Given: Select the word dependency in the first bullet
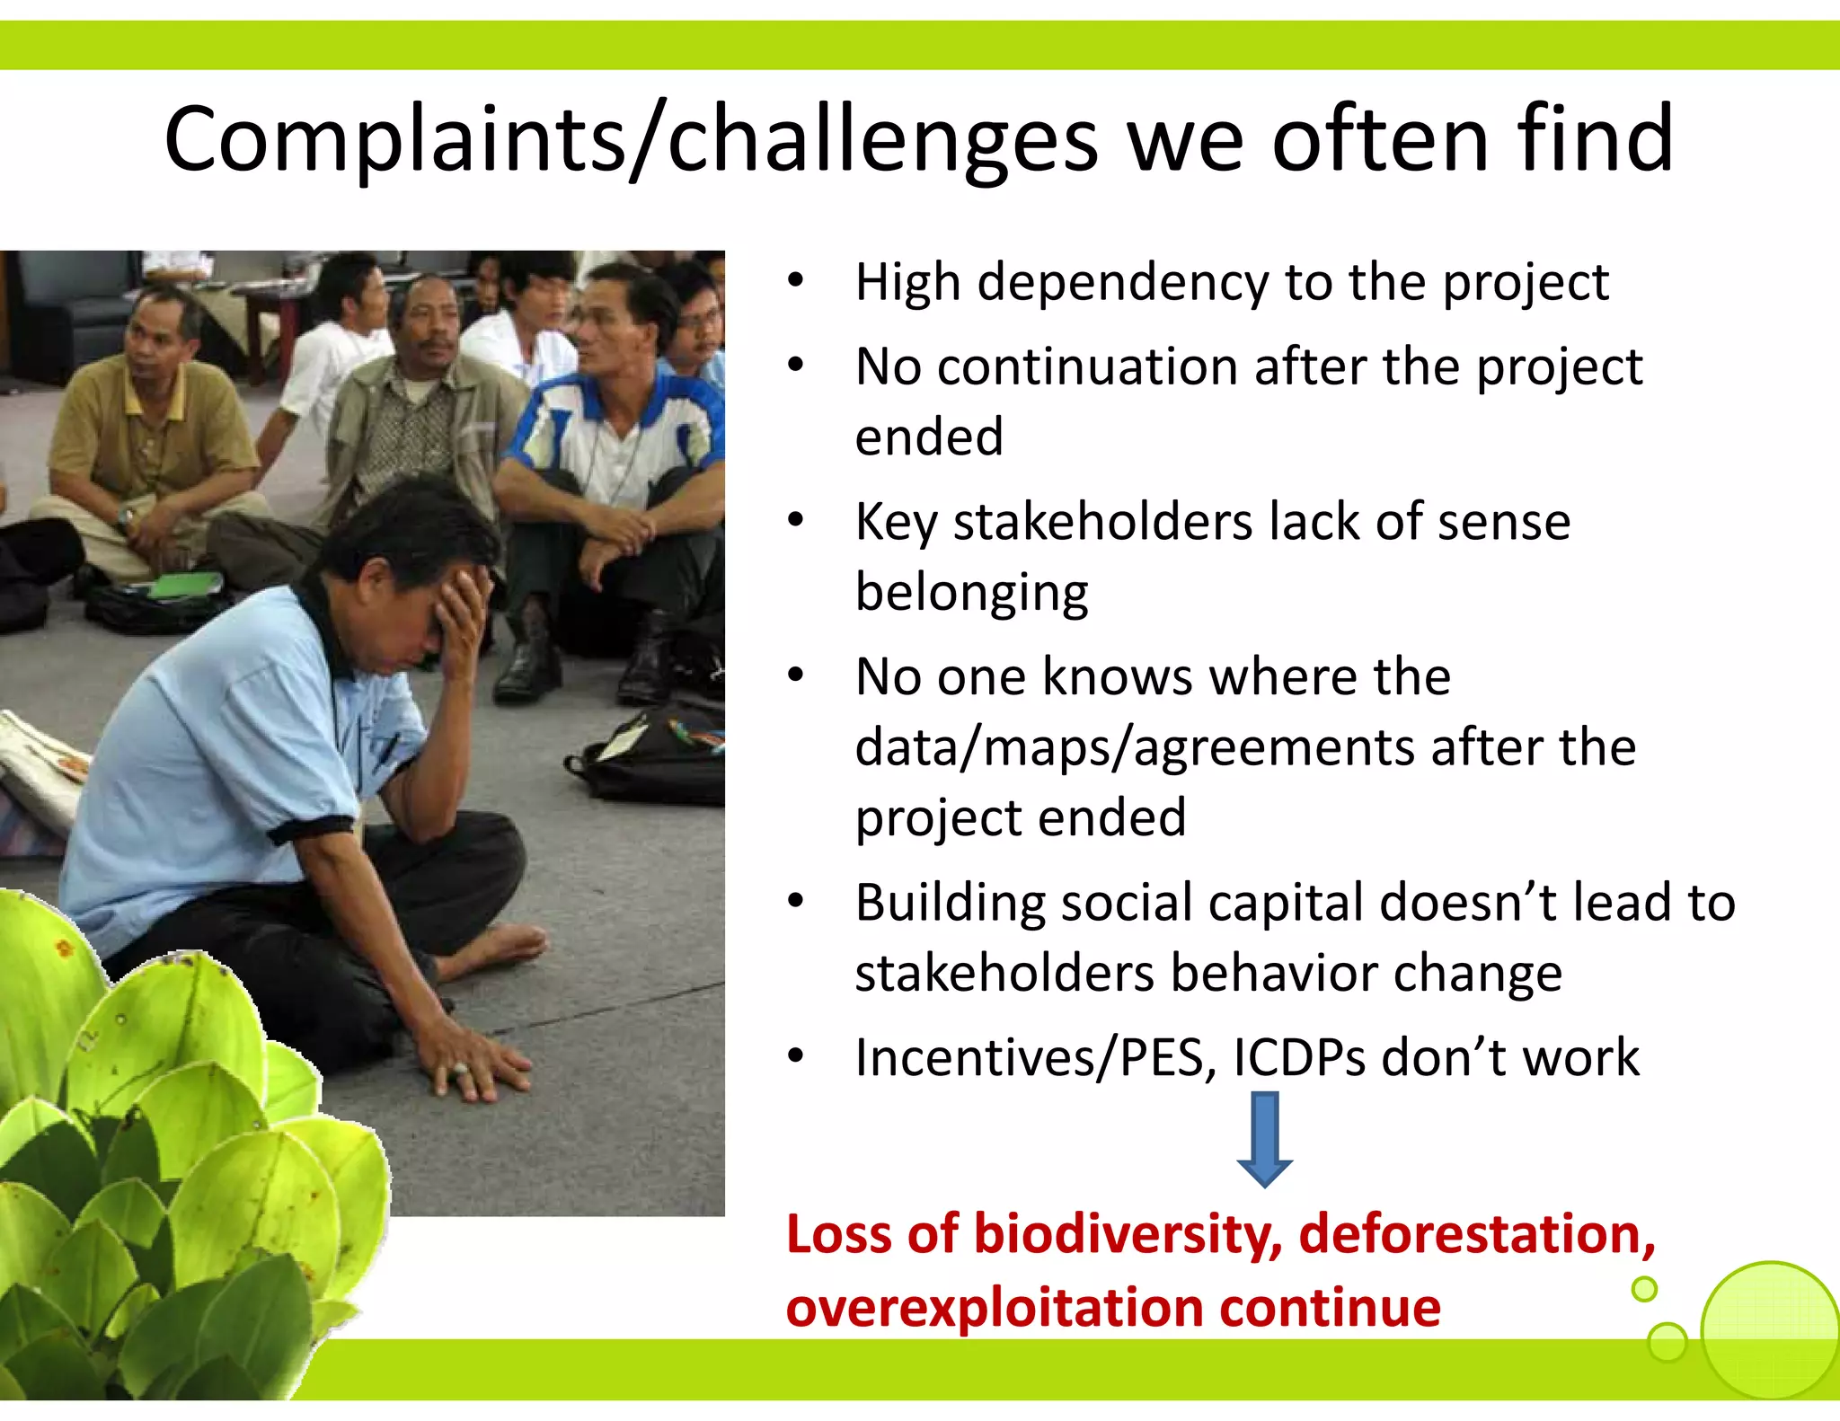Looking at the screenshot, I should tap(1124, 284).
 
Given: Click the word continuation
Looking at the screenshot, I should tap(1087, 367).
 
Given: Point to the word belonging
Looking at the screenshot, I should tap(971, 594).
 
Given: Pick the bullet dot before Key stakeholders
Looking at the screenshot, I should tap(795, 521).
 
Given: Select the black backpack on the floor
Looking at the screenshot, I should tap(656, 755).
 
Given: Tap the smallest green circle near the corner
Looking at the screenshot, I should tap(1644, 1290).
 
